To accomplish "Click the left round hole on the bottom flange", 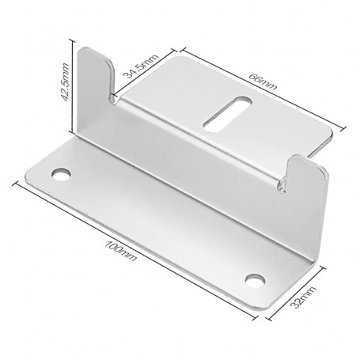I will pos(60,172).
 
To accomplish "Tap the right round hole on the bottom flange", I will pos(255,278).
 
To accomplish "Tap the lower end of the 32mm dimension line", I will pos(268,318).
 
